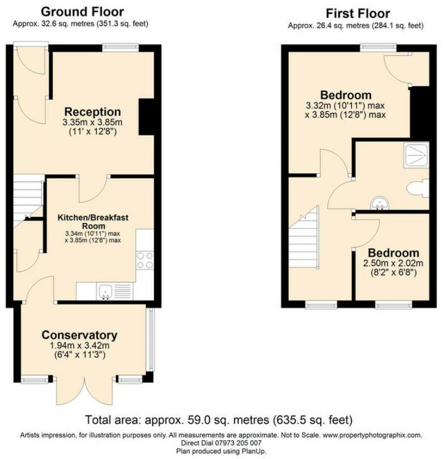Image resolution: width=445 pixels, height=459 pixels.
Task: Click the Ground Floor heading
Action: click(x=82, y=11)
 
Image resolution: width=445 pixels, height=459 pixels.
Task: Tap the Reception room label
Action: click(x=93, y=112)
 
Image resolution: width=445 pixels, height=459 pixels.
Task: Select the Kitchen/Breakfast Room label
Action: click(x=92, y=221)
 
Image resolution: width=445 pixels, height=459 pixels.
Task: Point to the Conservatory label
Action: click(x=79, y=335)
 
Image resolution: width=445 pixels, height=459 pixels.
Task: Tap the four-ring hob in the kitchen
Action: click(x=145, y=260)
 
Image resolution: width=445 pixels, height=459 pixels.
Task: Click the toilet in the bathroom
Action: click(x=419, y=187)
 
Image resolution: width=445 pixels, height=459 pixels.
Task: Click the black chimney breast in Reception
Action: click(x=146, y=116)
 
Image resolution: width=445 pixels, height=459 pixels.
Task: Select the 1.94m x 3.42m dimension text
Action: click(x=79, y=345)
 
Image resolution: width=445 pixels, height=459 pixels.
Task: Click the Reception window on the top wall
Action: click(x=121, y=48)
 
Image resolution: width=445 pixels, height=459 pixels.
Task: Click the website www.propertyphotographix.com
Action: click(x=372, y=435)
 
